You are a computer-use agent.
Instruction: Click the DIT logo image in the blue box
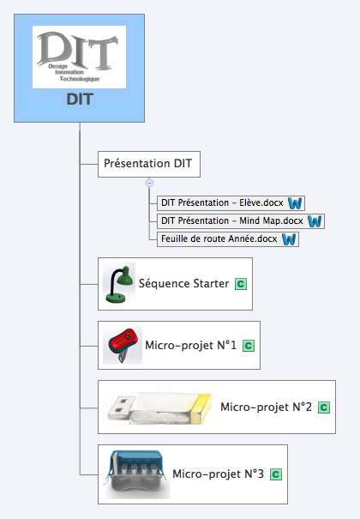pos(79,57)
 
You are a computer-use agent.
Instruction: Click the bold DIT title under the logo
pos(80,100)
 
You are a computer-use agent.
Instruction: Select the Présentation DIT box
pos(149,164)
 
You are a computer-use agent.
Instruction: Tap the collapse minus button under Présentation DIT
pos(149,183)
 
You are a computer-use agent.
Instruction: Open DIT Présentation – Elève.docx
pos(222,202)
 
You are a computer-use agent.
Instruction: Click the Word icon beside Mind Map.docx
pos(315,221)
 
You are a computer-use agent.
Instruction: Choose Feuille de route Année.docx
pos(219,239)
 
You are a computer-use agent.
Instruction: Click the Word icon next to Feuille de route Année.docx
pos(289,239)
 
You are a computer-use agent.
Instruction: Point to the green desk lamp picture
pos(119,284)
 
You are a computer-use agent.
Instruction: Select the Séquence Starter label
pos(183,284)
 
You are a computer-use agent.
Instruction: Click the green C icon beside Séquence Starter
pos(241,284)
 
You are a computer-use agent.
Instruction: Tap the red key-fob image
pos(123,345)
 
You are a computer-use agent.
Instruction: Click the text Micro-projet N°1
pos(191,346)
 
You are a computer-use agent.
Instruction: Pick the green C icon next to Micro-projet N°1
pos(249,346)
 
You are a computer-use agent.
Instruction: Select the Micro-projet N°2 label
pos(266,407)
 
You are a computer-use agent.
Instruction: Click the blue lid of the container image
pos(136,459)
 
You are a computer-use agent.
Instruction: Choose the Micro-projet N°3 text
pos(219,474)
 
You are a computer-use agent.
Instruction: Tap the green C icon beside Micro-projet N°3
pos(276,474)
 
